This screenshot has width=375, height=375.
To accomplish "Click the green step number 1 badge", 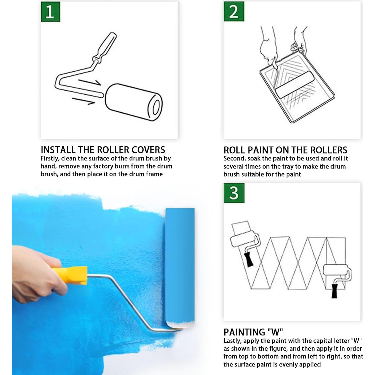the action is [x=51, y=12].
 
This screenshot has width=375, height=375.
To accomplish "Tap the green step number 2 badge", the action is [x=234, y=11].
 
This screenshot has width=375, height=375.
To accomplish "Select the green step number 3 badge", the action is [x=234, y=193].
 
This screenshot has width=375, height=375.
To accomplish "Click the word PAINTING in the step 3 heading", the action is [x=244, y=332].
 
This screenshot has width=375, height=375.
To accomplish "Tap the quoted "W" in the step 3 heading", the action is [x=275, y=332].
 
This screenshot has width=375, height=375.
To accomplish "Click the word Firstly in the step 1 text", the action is [x=50, y=159].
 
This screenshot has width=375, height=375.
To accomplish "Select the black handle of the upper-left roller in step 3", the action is [x=248, y=259].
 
